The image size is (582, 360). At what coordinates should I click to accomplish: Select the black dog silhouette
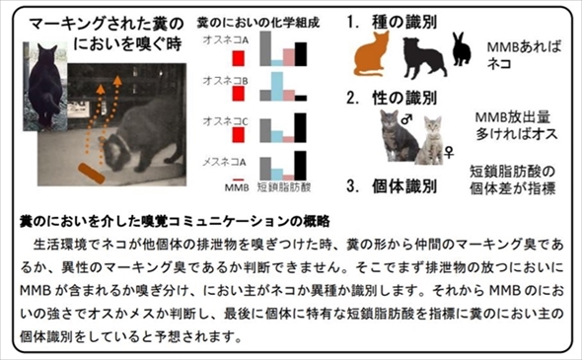click(421, 57)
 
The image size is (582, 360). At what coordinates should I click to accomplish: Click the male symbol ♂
click(406, 118)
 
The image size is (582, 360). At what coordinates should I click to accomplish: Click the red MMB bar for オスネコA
click(238, 57)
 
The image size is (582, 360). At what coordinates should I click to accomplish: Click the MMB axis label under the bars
click(237, 185)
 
